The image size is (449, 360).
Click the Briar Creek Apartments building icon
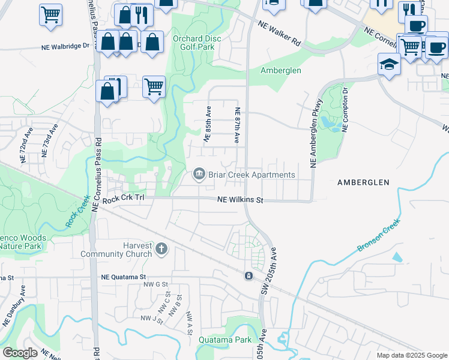pyautogui.click(x=199, y=175)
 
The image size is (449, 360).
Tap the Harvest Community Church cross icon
pyautogui.click(x=161, y=248)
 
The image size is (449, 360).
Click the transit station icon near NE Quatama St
pyautogui.click(x=248, y=275)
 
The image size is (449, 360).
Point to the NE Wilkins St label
pyautogui.click(x=241, y=200)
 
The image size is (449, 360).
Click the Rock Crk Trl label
pyautogui.click(x=124, y=200)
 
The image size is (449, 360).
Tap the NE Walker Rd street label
pyautogui.click(x=279, y=33)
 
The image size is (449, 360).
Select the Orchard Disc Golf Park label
pyautogui.click(x=193, y=43)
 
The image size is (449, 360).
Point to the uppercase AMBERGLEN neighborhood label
pyautogui.click(x=363, y=182)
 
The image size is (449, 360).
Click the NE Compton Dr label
pyautogui.click(x=345, y=109)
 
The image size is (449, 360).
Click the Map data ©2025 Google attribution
pyautogui.click(x=411, y=355)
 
